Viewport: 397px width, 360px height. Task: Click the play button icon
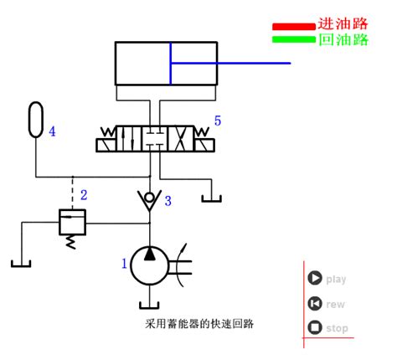pos(315,278)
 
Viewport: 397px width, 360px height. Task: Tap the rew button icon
pos(315,303)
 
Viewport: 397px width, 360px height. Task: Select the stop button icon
pos(315,327)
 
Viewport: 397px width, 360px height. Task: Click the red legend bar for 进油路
pos(294,27)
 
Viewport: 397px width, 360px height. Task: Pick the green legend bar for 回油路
pos(294,39)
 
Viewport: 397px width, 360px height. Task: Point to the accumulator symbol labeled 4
pos(36,120)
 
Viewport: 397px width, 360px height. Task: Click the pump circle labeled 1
pos(150,265)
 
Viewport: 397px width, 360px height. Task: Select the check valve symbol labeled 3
pos(150,200)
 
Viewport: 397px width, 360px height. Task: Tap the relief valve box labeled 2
pos(72,222)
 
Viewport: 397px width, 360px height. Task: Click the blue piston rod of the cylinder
pos(230,63)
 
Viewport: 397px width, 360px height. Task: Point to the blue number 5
pos(218,121)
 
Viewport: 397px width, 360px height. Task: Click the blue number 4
pos(52,131)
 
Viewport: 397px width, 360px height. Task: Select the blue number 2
pos(84,195)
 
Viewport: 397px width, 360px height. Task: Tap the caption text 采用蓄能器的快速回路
pos(199,324)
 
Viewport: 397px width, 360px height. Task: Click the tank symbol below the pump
pos(149,306)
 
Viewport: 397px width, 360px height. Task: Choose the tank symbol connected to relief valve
pos(21,264)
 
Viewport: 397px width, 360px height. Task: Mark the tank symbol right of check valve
pos(212,198)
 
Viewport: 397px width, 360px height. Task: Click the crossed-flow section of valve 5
pos(180,139)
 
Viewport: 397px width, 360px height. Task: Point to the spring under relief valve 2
pos(71,242)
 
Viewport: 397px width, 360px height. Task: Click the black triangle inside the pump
pos(150,255)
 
